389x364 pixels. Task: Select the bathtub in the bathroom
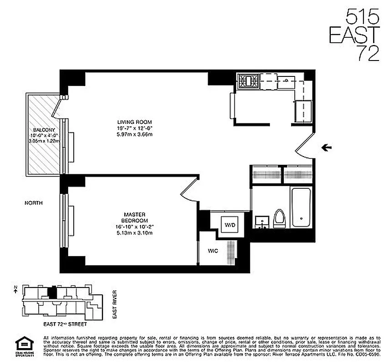click(x=301, y=207)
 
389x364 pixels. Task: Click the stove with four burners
click(x=248, y=81)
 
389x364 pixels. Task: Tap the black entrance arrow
click(x=326, y=147)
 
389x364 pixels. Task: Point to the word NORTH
click(x=34, y=203)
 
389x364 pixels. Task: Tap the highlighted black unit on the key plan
click(x=54, y=291)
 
